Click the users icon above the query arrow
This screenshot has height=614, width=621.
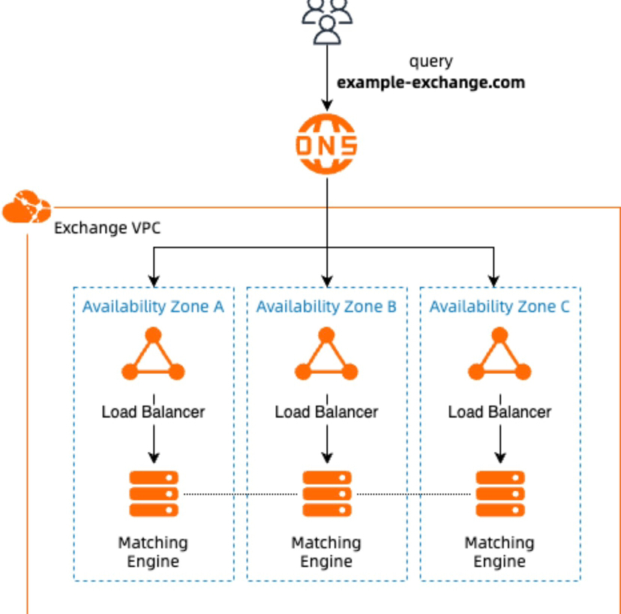pos(326,19)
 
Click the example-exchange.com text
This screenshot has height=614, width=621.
pos(430,83)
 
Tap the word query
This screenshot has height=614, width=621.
pos(430,62)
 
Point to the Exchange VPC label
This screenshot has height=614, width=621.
pos(107,228)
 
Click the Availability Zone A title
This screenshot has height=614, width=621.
pos(153,306)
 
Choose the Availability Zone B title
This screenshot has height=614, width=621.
pos(326,306)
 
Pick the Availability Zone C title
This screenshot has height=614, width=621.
pos(499,306)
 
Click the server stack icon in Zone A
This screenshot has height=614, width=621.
pos(153,493)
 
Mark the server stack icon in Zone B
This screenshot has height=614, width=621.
pos(326,493)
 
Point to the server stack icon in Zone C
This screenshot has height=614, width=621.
pos(499,493)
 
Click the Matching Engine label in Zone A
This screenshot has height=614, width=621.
pos(153,552)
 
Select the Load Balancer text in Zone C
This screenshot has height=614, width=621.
pos(499,412)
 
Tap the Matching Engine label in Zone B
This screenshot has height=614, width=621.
pos(326,552)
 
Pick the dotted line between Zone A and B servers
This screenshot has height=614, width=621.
pos(240,494)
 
